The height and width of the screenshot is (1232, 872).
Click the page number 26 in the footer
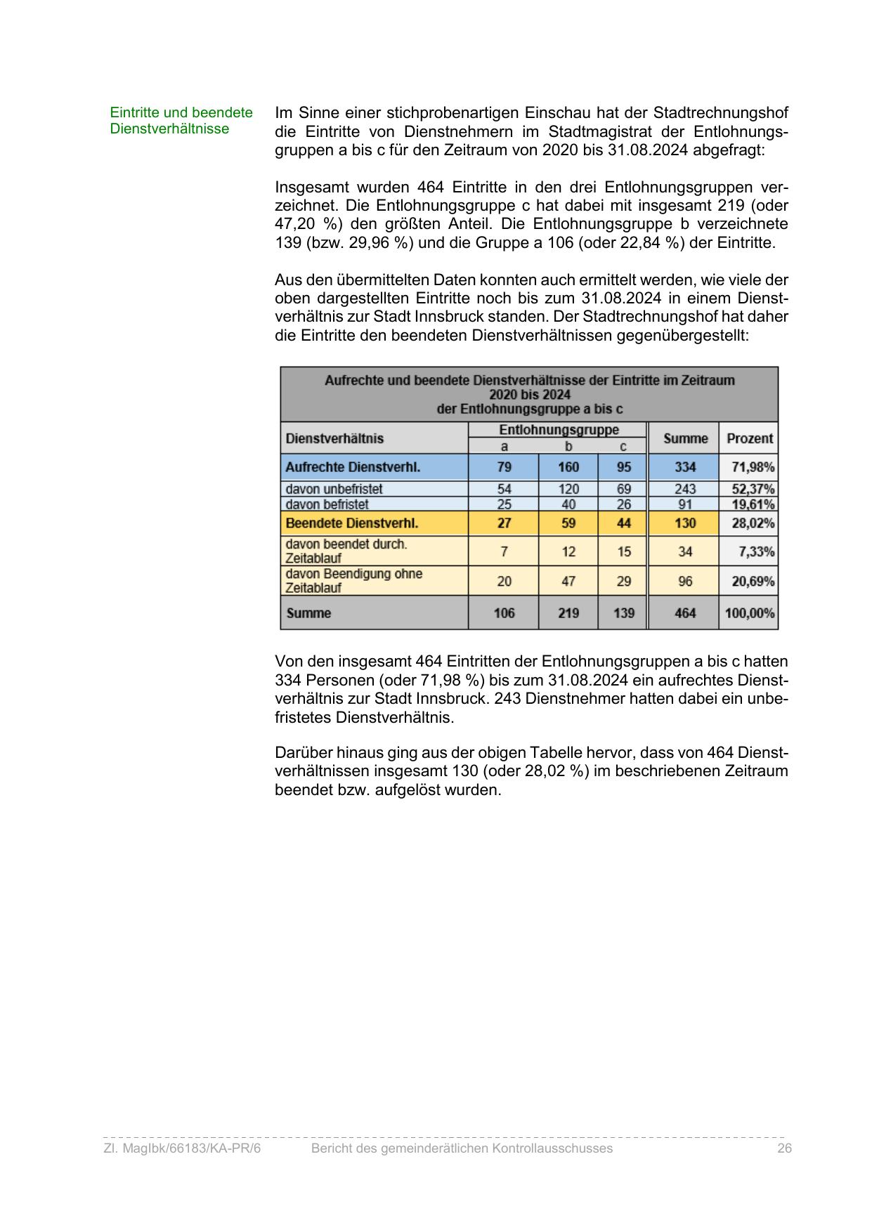(784, 1148)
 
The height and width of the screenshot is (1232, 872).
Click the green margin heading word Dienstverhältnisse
(169, 129)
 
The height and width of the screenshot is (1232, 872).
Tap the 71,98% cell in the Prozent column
(750, 467)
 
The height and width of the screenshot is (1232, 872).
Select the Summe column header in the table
(685, 438)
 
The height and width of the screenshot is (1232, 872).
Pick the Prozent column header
(750, 438)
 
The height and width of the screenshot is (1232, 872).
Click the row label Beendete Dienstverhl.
(352, 523)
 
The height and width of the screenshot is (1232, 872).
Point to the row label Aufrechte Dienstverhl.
(353, 467)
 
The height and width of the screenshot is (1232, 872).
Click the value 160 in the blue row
(568, 467)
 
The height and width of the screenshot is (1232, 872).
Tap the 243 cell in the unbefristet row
(685, 489)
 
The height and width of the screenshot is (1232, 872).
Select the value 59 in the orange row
(568, 523)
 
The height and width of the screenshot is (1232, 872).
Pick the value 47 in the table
(568, 581)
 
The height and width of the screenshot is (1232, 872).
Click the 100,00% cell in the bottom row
(750, 613)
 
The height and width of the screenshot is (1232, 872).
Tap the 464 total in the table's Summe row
(685, 613)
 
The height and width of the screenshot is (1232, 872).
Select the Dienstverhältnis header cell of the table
(334, 438)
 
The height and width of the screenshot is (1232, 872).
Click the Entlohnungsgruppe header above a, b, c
(559, 429)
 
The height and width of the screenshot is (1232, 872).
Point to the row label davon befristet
(327, 504)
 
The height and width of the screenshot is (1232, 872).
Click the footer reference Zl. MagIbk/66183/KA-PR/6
(182, 1148)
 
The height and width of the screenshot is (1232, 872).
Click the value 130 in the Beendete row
(685, 523)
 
